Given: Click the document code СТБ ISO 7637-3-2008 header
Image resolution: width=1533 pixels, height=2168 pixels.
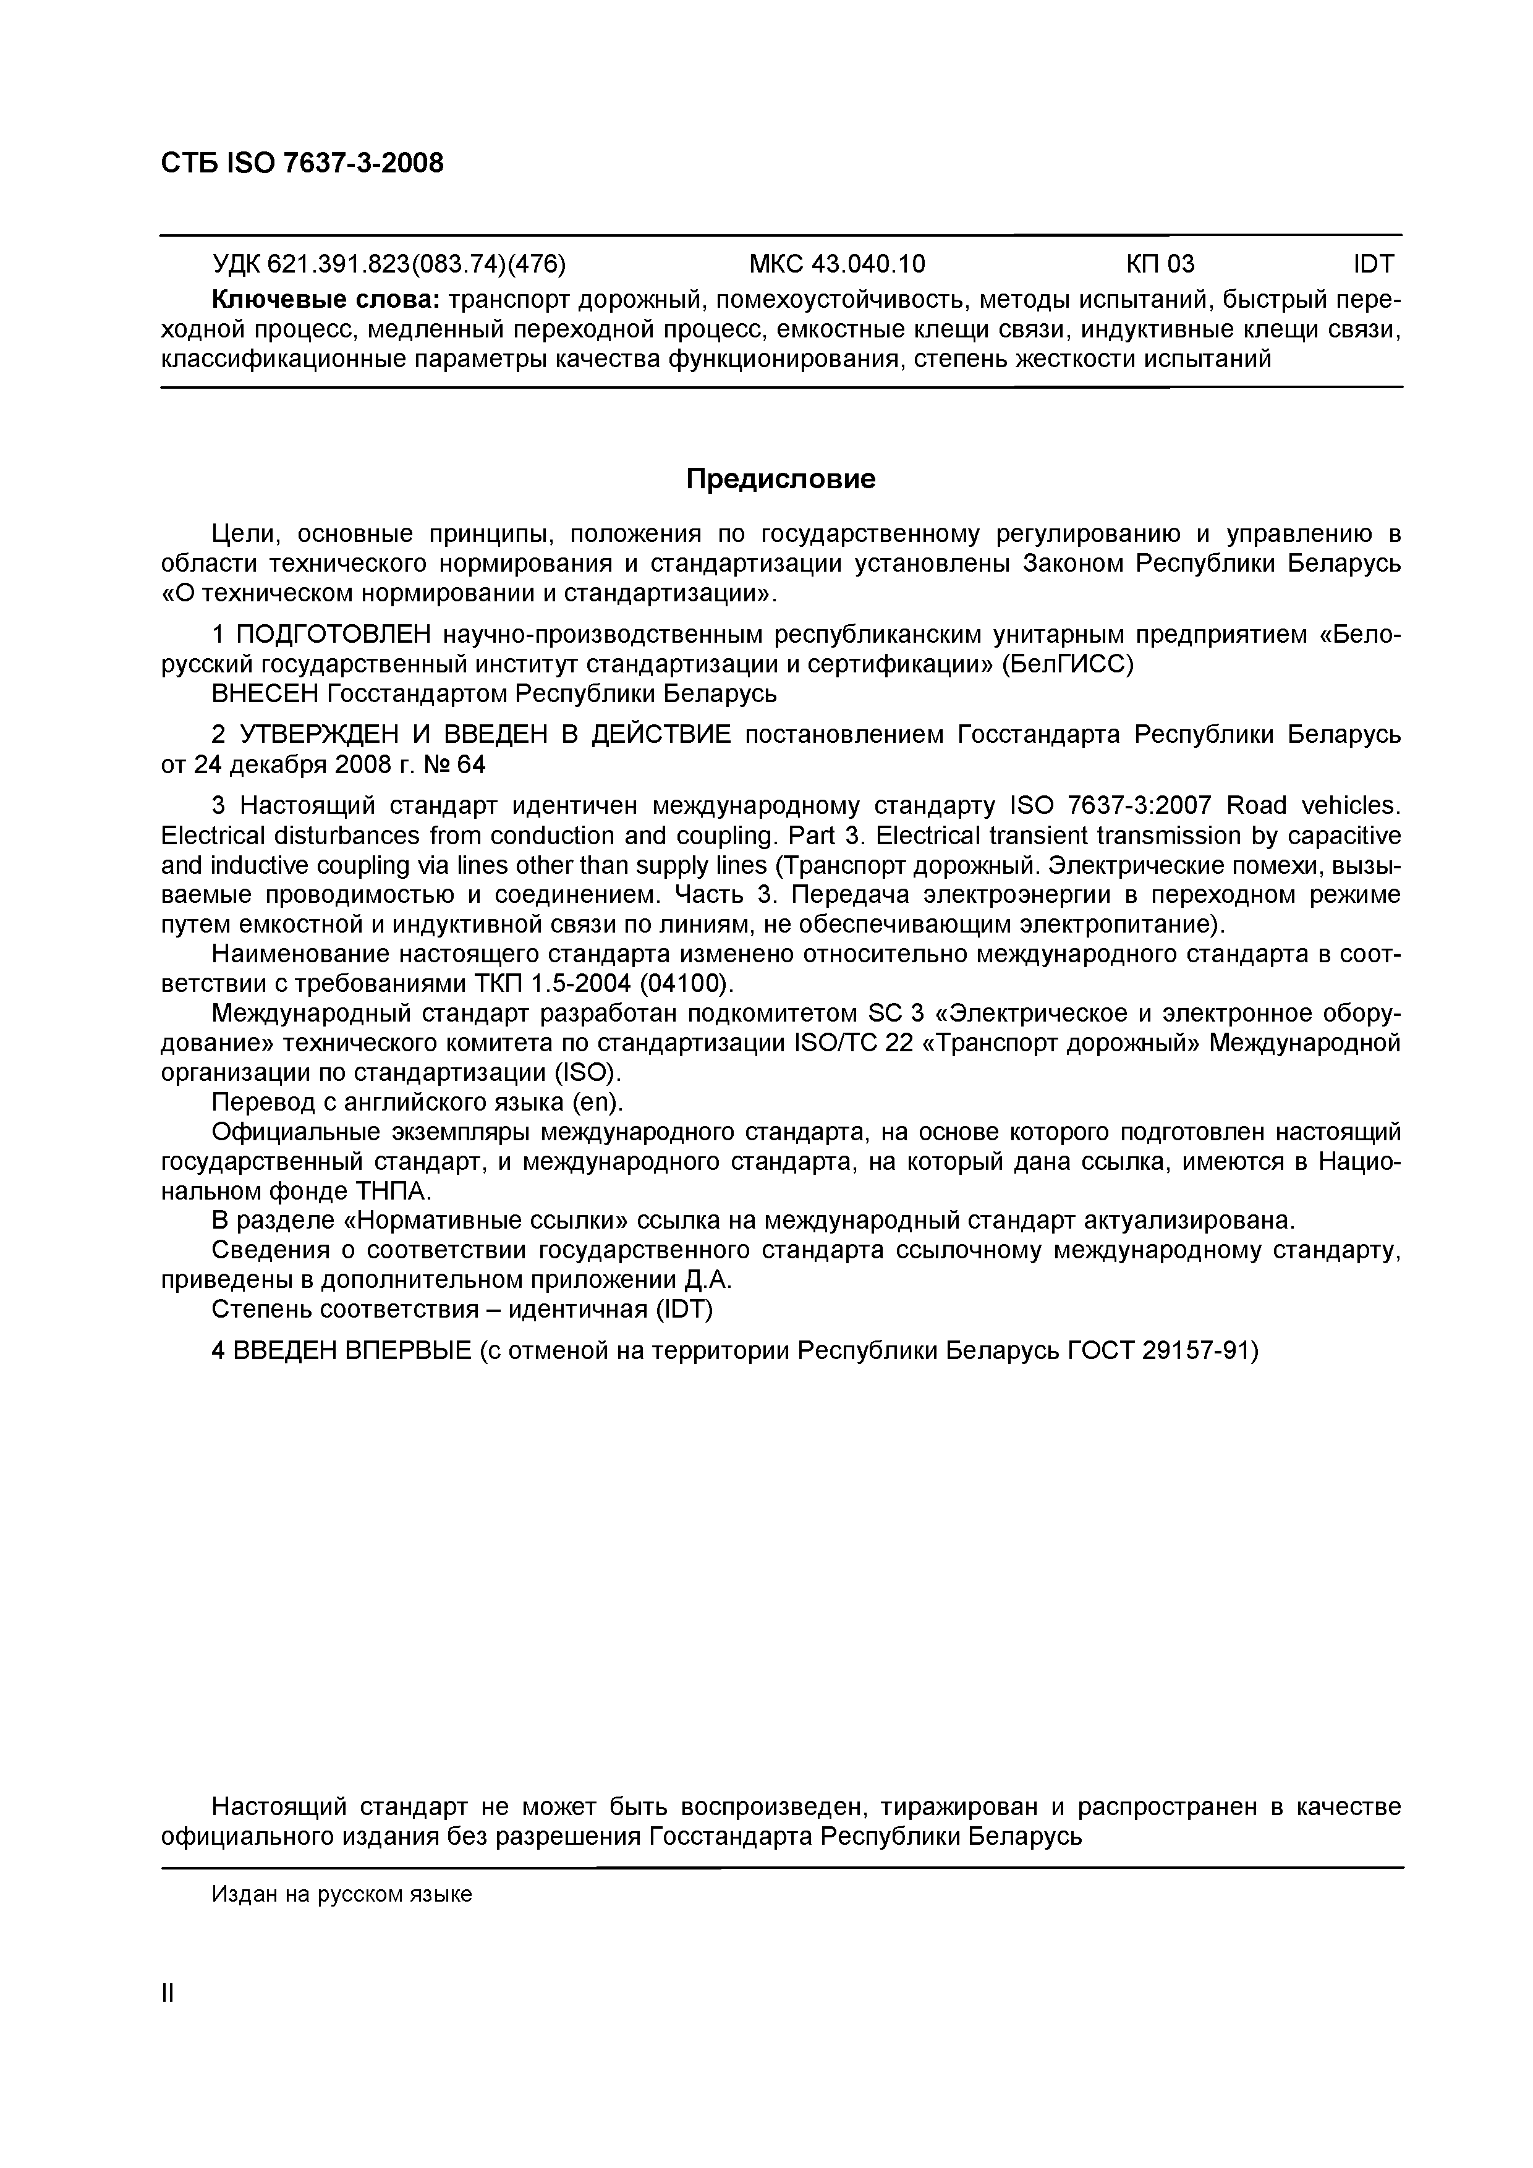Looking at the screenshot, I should tap(301, 163).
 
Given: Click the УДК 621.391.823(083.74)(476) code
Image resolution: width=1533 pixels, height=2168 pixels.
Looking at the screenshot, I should tap(388, 263).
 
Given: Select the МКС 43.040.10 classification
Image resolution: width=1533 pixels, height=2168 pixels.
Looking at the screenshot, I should tap(837, 263).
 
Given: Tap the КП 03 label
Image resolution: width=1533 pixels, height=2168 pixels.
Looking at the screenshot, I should tap(1159, 263).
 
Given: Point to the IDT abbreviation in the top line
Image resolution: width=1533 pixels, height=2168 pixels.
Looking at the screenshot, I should tap(1374, 263).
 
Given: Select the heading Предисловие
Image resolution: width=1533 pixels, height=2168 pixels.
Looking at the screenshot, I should tap(780, 480).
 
